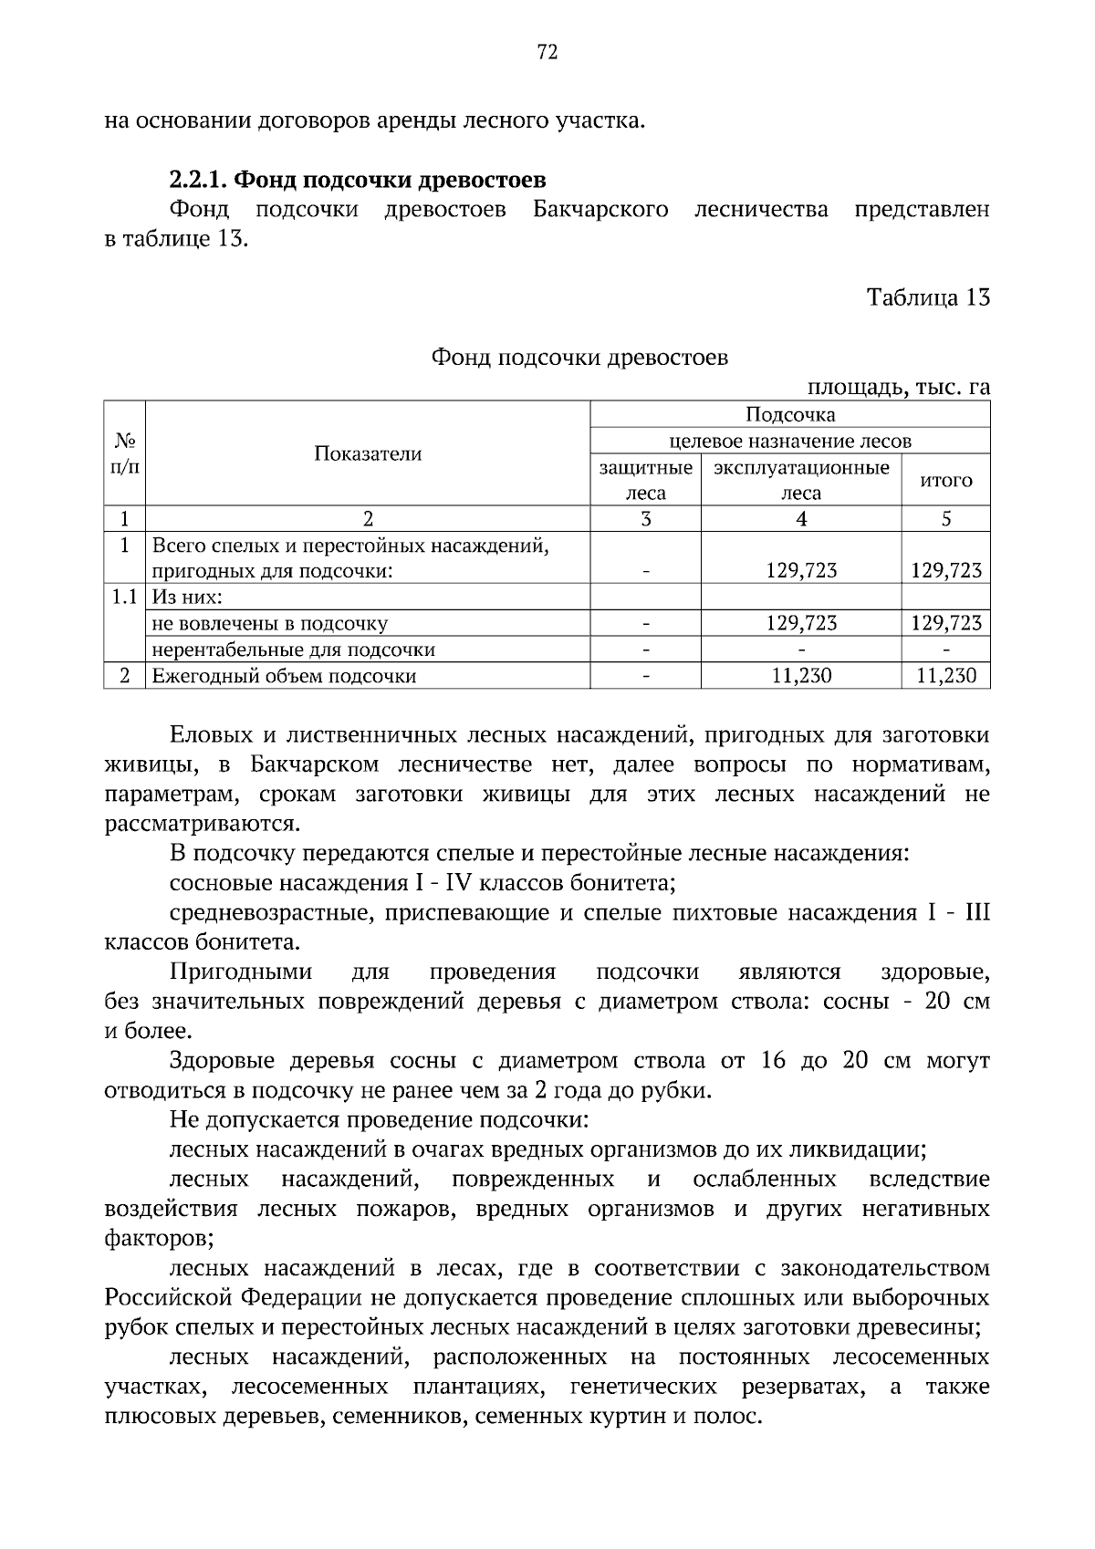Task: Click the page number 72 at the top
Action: click(x=547, y=52)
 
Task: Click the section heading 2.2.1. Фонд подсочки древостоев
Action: click(x=358, y=179)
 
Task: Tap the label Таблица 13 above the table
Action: click(x=927, y=298)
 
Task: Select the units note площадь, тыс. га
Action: click(x=898, y=388)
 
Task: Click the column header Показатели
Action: click(x=368, y=454)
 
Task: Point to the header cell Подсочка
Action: click(x=790, y=415)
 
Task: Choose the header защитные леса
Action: click(x=645, y=481)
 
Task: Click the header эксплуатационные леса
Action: click(x=800, y=481)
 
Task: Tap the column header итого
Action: click(x=945, y=481)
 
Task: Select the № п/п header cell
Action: click(x=124, y=453)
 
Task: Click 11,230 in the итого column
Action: click(x=945, y=676)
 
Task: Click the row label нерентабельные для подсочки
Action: click(x=293, y=650)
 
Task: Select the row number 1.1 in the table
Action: click(x=124, y=598)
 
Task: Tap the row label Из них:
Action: click(x=187, y=598)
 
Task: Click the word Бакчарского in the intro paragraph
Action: click(x=600, y=210)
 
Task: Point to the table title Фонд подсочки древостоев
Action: click(x=579, y=358)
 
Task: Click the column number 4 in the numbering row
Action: click(x=800, y=519)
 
